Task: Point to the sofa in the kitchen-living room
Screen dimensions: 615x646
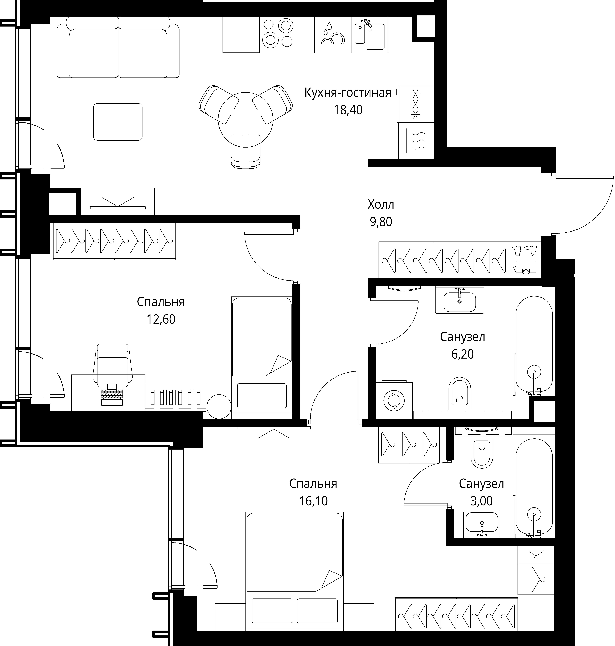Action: (118, 48)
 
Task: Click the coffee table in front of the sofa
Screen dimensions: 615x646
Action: (118, 122)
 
